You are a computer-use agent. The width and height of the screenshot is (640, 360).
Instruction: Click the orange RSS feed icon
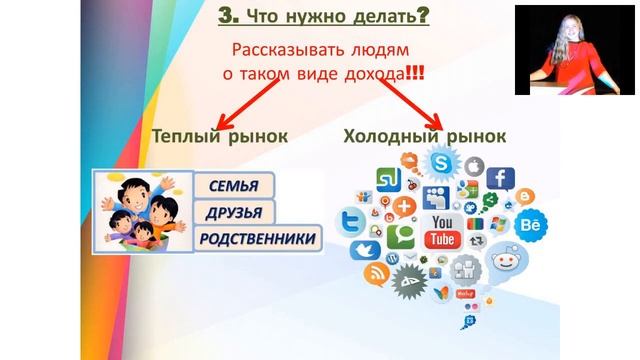click(x=375, y=273)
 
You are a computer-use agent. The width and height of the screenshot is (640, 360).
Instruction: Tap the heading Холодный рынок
click(x=424, y=136)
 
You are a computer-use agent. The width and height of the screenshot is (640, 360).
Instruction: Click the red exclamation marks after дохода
click(x=411, y=73)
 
